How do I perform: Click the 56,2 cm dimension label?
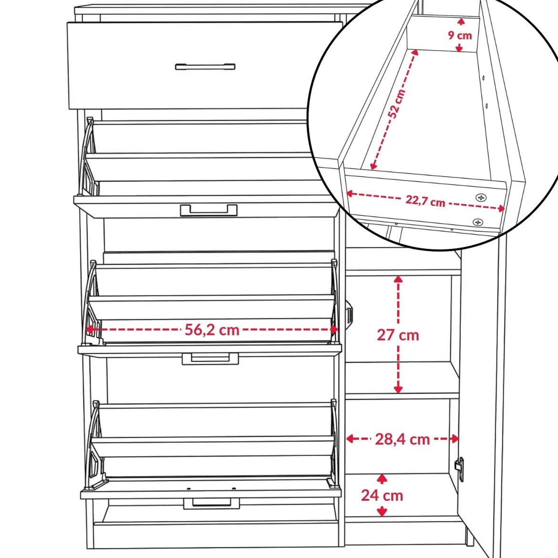[x=212, y=330]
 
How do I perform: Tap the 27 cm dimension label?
[x=398, y=335]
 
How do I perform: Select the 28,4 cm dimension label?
[x=403, y=439]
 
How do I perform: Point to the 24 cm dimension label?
[x=382, y=496]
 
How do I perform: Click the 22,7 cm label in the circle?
[x=425, y=201]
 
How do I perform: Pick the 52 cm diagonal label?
[x=396, y=103]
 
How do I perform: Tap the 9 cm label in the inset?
[x=460, y=35]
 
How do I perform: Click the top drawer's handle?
[x=206, y=67]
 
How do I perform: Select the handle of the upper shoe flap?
[x=208, y=210]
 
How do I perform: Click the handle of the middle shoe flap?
[x=210, y=359]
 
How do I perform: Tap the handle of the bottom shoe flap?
[x=212, y=504]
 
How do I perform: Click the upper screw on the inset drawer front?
[x=481, y=197]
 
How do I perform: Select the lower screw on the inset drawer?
[x=478, y=222]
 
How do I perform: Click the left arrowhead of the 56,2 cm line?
[x=90, y=330]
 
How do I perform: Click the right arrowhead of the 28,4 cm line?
[x=455, y=439]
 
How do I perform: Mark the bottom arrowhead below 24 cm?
[x=382, y=512]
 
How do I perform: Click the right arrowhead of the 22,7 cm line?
[x=501, y=208]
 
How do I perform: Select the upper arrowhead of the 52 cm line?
[x=415, y=52]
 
